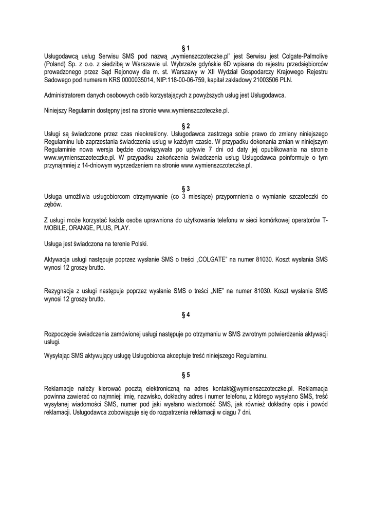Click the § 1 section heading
(186, 48)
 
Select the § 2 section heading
(186, 126)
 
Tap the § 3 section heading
(186, 189)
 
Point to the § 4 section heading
(186, 313)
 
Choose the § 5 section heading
(186, 374)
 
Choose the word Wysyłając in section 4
(58, 355)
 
